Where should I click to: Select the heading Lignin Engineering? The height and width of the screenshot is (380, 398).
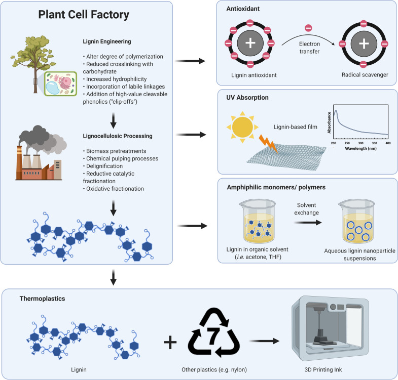(107, 41)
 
